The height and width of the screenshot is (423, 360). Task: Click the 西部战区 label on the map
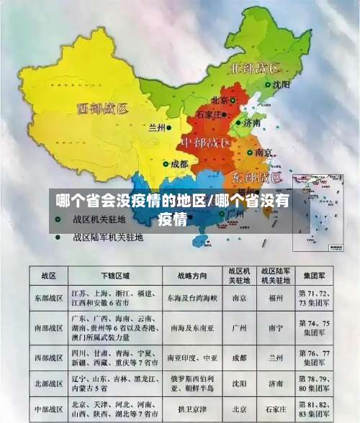tap(102, 109)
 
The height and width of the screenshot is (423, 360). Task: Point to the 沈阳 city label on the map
tap(281, 84)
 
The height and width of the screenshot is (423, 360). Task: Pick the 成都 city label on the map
tap(179, 165)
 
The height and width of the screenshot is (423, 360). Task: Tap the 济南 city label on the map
tap(252, 123)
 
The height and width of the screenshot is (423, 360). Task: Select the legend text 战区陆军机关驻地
tap(108, 236)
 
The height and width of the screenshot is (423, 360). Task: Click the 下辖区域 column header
tap(115, 275)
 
